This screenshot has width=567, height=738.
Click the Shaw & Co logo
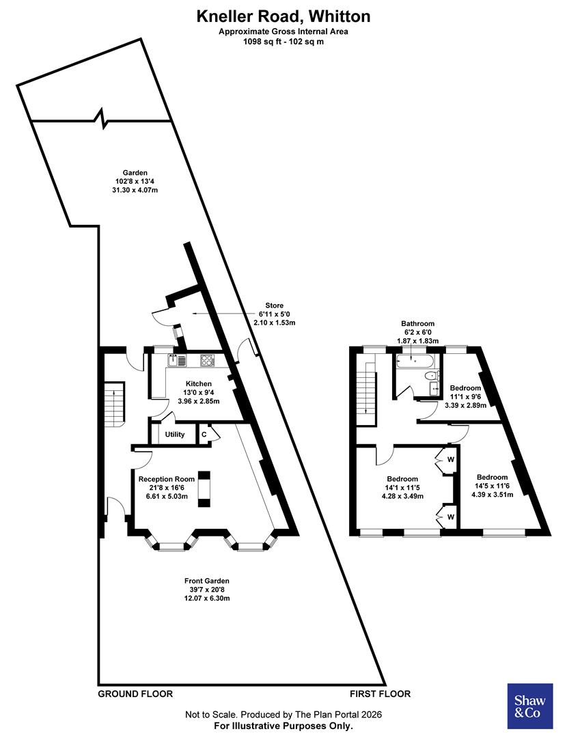[x=529, y=706]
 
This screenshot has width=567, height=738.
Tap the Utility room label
[x=175, y=435]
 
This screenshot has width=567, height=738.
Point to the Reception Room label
[x=161, y=479]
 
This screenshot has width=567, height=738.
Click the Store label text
[x=275, y=305]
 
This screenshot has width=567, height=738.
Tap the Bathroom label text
[x=418, y=324]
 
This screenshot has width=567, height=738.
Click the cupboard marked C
[x=204, y=435]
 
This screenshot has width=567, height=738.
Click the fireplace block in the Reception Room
[x=204, y=489]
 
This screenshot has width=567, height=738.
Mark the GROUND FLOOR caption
[x=135, y=694]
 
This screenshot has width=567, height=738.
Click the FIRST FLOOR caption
[x=381, y=694]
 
